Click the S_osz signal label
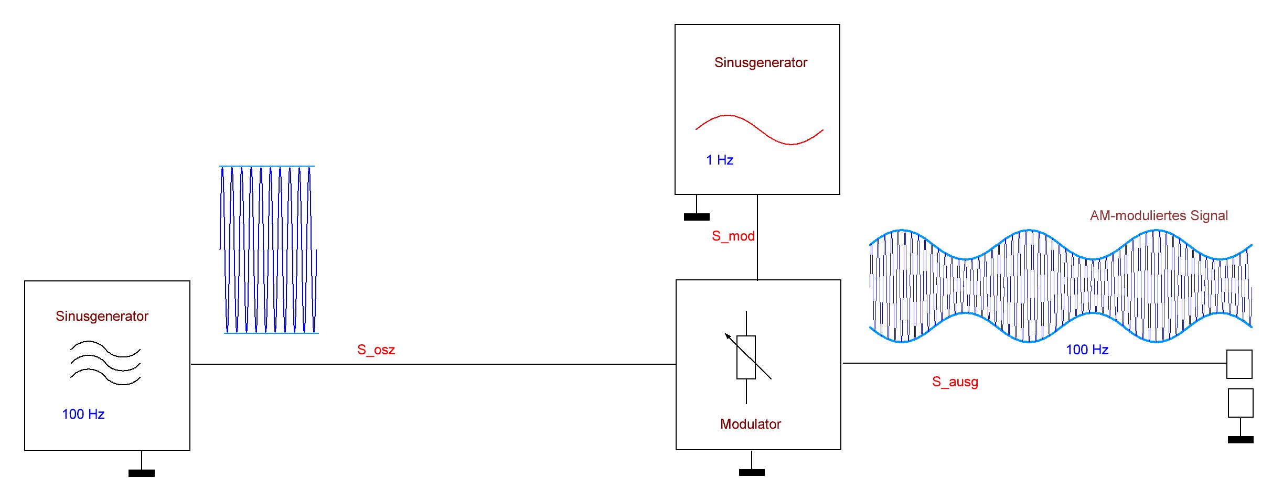[376, 350]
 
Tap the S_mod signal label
[733, 236]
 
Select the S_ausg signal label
[955, 382]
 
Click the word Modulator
[750, 424]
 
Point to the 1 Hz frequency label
[719, 160]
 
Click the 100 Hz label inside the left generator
[83, 414]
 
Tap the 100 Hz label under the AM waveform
[1087, 350]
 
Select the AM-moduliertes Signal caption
[1159, 215]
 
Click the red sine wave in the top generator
[759, 129]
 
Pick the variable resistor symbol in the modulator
[746, 357]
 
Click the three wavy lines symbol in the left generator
[105, 363]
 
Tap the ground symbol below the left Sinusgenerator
[142, 473]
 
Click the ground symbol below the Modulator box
[752, 472]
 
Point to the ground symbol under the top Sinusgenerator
[697, 216]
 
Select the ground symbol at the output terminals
[1241, 439]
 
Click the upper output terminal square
[1239, 364]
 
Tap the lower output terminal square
[1241, 403]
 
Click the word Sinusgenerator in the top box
[761, 62]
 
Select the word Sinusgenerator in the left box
[102, 316]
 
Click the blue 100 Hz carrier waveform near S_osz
[269, 249]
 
